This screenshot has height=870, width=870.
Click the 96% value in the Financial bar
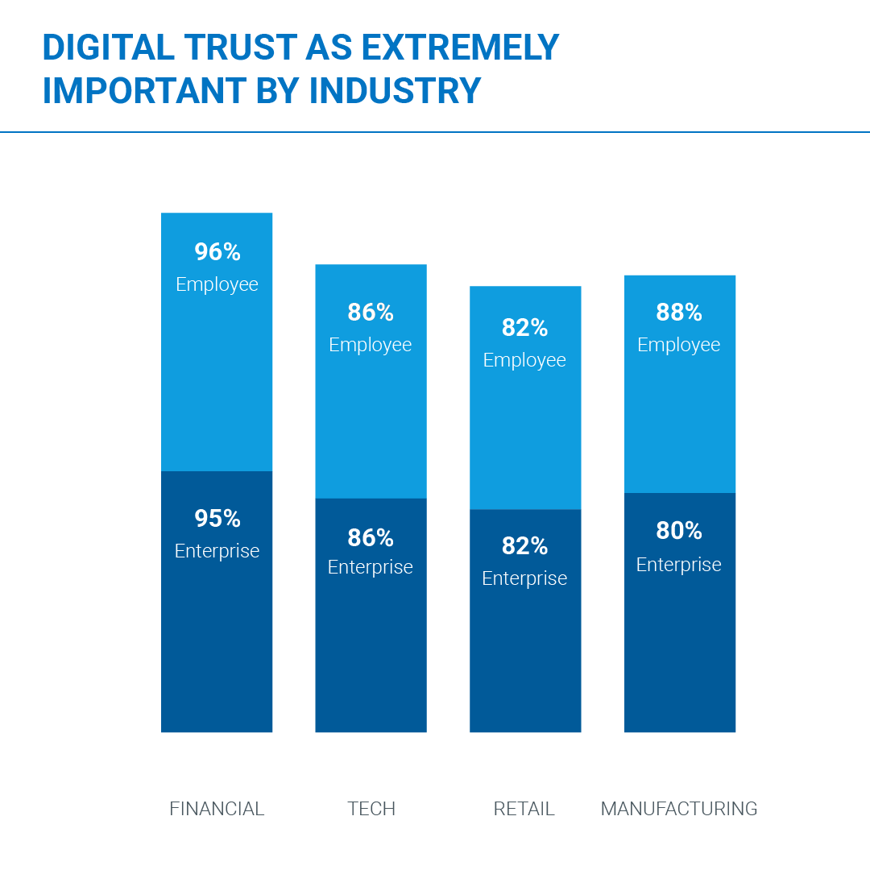[217, 252]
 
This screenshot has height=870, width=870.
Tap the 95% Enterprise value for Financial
[217, 519]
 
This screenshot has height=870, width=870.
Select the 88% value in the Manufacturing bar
[679, 312]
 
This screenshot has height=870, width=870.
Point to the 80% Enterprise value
[679, 531]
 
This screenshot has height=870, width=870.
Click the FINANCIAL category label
[217, 809]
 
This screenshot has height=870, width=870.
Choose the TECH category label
[371, 809]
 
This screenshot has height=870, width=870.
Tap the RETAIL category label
[524, 809]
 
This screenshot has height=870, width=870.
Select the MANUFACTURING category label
[679, 809]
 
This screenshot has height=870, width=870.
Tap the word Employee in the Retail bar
[524, 360]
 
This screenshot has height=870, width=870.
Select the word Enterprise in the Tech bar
[371, 567]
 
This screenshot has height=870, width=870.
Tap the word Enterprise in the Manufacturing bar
[679, 565]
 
